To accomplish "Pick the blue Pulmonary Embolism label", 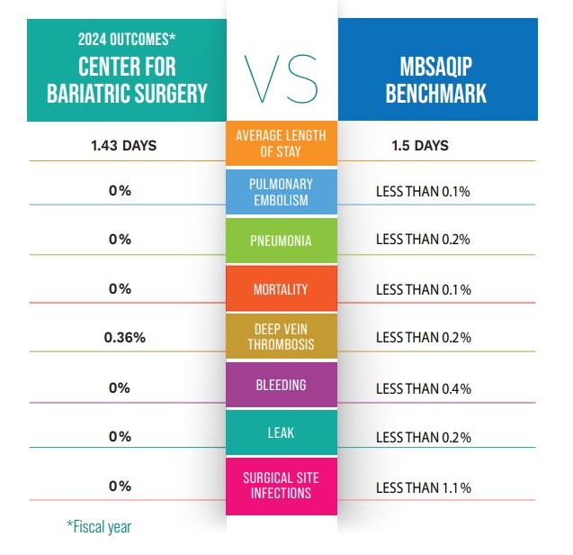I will point(281,191).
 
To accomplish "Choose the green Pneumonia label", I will point(281,241).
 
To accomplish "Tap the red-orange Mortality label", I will point(281,289).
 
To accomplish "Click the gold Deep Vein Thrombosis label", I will point(281,337).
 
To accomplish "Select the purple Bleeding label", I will point(281,385).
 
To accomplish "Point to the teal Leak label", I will point(281,433).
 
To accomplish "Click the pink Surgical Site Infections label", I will point(281,485).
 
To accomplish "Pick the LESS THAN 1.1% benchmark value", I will point(423,487).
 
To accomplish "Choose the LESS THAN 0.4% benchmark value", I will point(423,388).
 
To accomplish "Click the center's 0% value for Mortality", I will point(119,289).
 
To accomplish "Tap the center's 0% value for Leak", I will point(119,436).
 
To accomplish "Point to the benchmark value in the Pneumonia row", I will point(423,240).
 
